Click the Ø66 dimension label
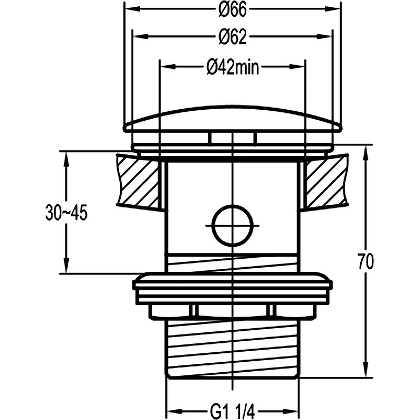pyautogui.click(x=232, y=10)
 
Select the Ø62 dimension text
pyautogui.click(x=232, y=37)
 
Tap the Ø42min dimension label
pyautogui.click(x=233, y=68)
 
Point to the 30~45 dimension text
pyautogui.click(x=67, y=213)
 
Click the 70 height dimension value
pyautogui.click(x=365, y=261)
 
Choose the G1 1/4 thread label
pyautogui.click(x=232, y=412)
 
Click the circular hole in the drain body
pyautogui.click(x=233, y=226)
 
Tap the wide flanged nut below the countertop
pyautogui.click(x=233, y=296)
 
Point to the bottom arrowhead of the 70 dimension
pyautogui.click(x=366, y=370)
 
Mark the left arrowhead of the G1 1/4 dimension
pyautogui.click(x=174, y=411)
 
